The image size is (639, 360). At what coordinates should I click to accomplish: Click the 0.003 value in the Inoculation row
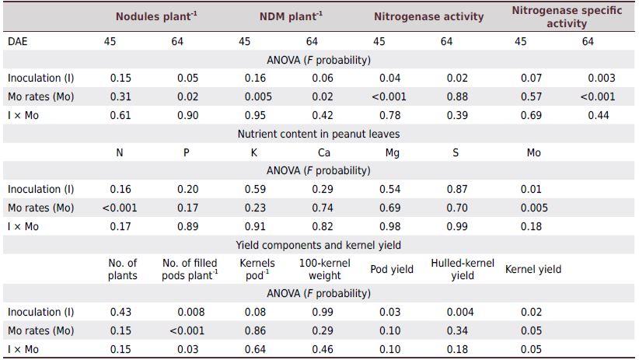click(x=601, y=78)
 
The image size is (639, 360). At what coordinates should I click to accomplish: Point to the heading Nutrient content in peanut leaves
click(x=319, y=134)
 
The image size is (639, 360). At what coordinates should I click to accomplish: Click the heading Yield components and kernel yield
click(x=319, y=245)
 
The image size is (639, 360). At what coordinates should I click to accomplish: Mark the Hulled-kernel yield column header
click(x=462, y=270)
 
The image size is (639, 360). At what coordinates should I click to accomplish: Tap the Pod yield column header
click(x=392, y=270)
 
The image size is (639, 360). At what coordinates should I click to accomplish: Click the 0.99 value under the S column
click(x=455, y=226)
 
